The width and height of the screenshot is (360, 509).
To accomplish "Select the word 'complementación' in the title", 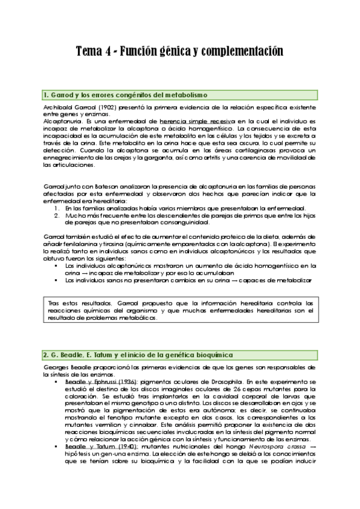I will [x=242, y=52].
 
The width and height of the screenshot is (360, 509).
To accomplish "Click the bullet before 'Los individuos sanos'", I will [x=56, y=279].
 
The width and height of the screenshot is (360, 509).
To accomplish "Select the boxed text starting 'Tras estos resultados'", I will [x=180, y=310].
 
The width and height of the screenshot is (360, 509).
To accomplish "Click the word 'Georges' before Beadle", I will [x=56, y=367].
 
